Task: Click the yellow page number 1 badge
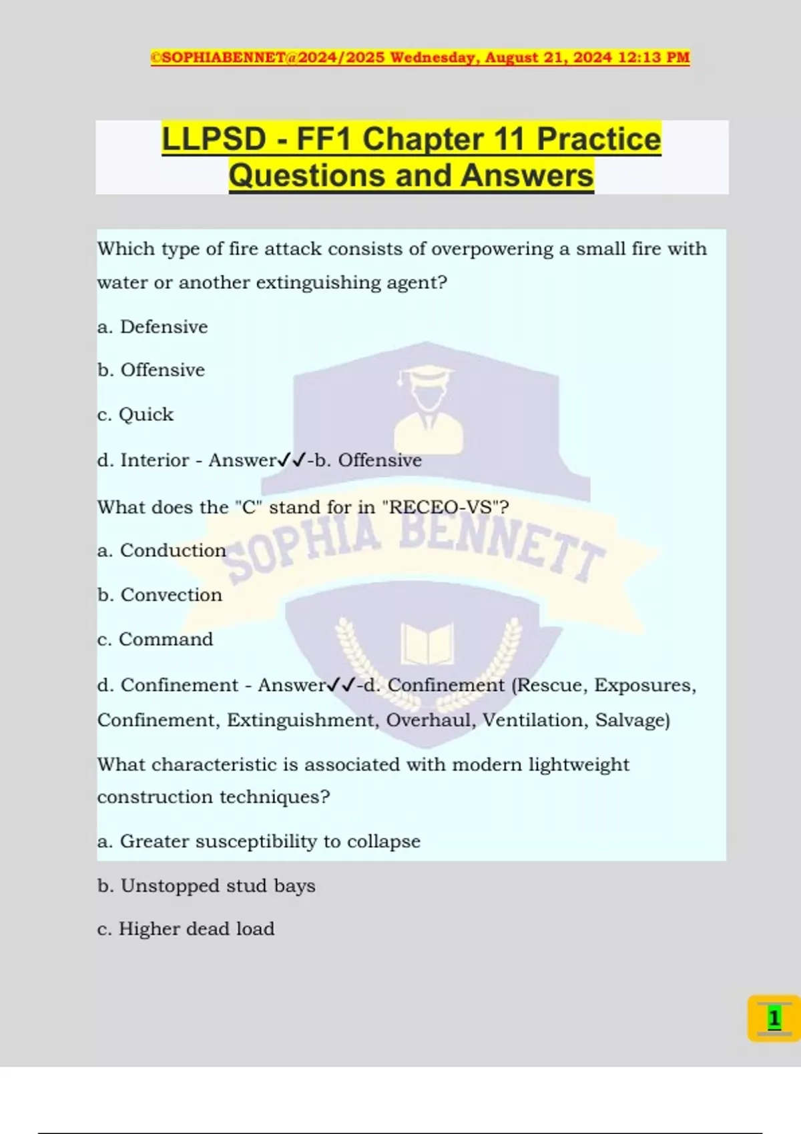click(x=774, y=1018)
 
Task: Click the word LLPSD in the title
click(x=214, y=139)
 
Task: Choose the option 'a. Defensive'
click(x=152, y=327)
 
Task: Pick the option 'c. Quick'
click(x=135, y=414)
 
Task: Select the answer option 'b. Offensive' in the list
click(x=151, y=370)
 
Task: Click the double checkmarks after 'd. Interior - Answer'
click(x=292, y=460)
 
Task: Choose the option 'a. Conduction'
click(x=162, y=550)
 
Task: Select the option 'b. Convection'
click(x=160, y=594)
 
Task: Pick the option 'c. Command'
click(x=155, y=639)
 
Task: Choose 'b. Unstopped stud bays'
click(x=206, y=886)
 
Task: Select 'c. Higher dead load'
click(x=186, y=929)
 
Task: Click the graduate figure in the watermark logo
click(x=427, y=407)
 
